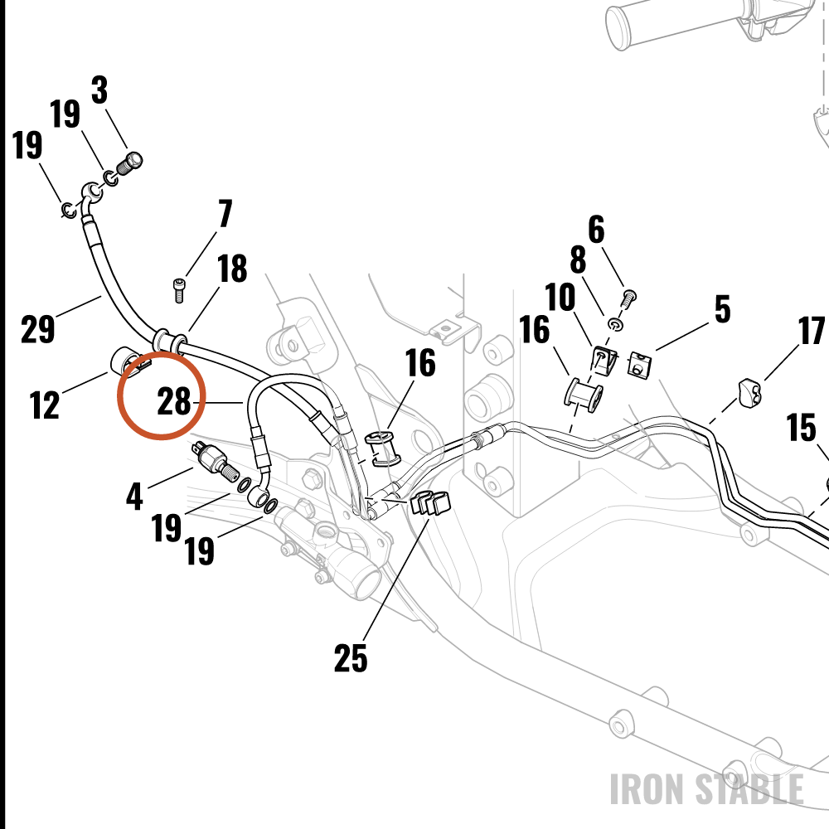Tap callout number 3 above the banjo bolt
(99, 90)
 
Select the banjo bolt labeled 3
(129, 164)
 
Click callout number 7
(225, 213)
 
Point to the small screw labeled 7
(179, 290)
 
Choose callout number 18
(232, 269)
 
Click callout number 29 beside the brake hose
(37, 329)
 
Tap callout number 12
(45, 405)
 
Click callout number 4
(134, 497)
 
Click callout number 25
(351, 658)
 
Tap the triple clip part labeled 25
(429, 502)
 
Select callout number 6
(596, 230)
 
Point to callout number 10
(560, 297)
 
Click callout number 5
(723, 309)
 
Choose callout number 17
(812, 331)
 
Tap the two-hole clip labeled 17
(751, 392)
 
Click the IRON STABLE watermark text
(707, 789)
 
